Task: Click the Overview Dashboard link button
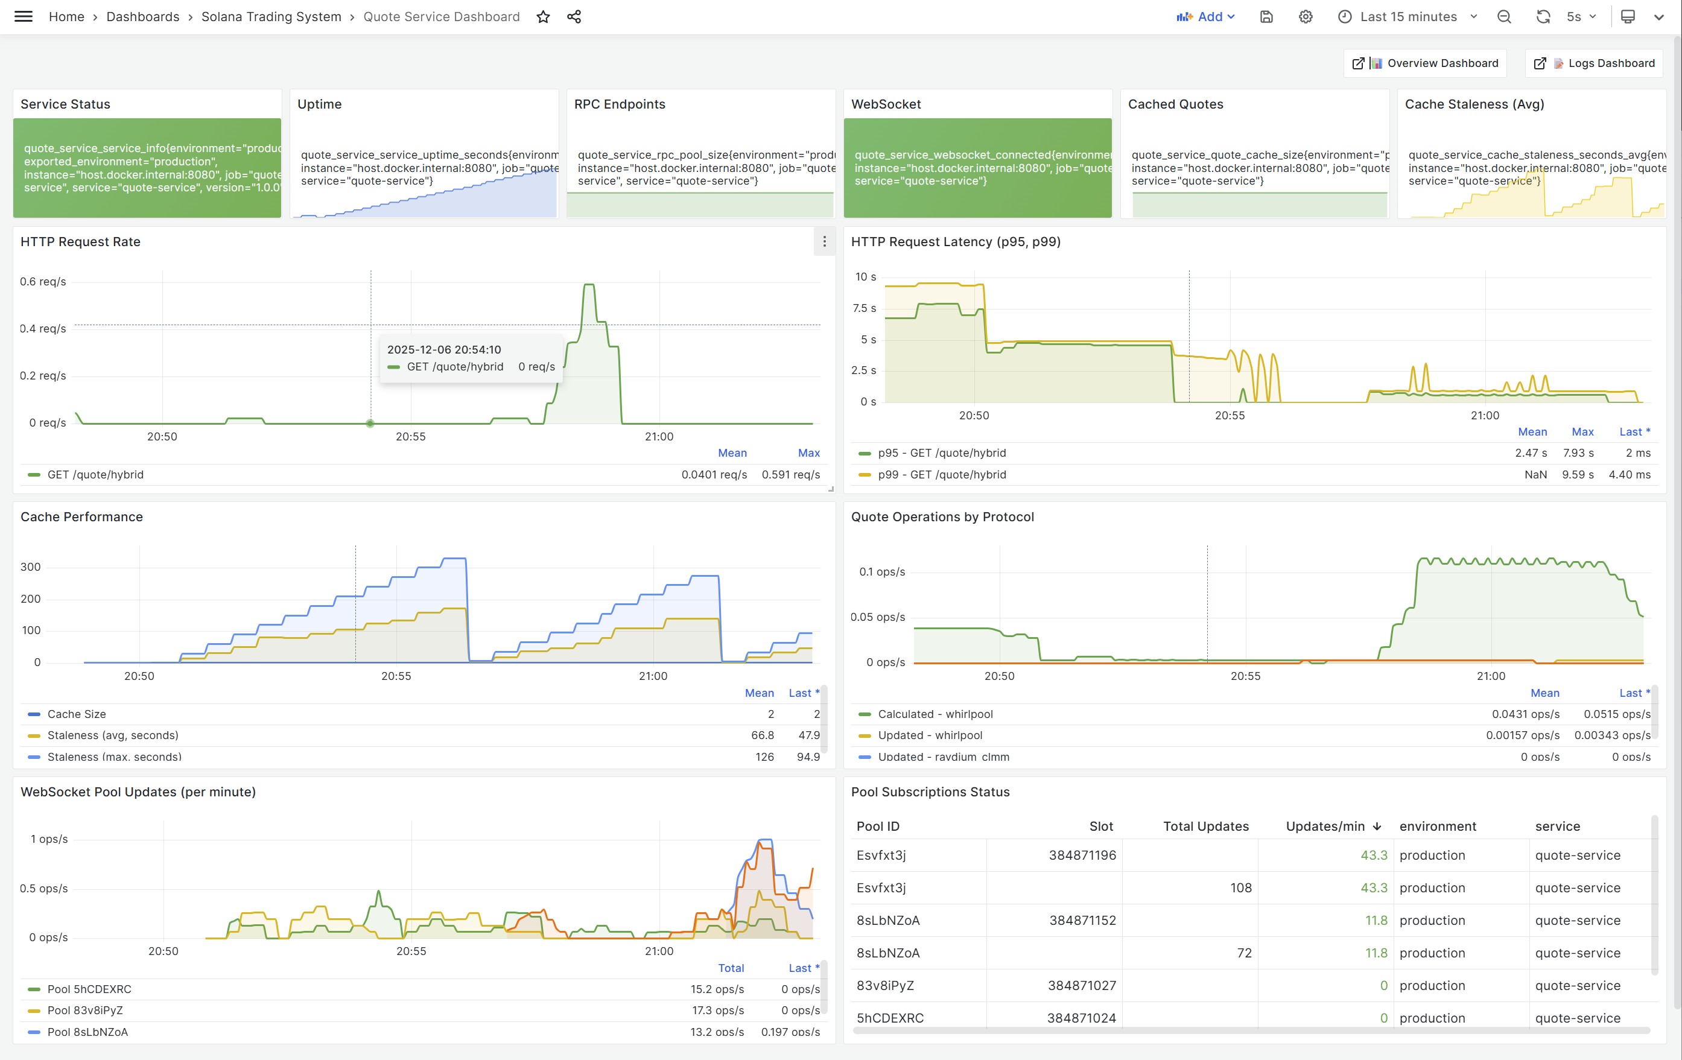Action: pyautogui.click(x=1425, y=63)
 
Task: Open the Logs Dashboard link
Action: pyautogui.click(x=1594, y=63)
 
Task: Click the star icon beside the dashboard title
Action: pyautogui.click(x=543, y=17)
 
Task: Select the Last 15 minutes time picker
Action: pyautogui.click(x=1408, y=17)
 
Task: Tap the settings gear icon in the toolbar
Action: pyautogui.click(x=1306, y=17)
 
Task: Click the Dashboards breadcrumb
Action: pyautogui.click(x=142, y=17)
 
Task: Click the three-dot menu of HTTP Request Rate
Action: pyautogui.click(x=824, y=241)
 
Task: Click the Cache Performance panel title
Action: pyautogui.click(x=81, y=517)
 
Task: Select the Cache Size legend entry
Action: pyautogui.click(x=77, y=714)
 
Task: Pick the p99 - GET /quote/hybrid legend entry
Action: pyautogui.click(x=942, y=475)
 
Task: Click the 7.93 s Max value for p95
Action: pyautogui.click(x=1578, y=453)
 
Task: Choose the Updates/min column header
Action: pyautogui.click(x=1325, y=826)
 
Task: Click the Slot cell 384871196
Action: pyautogui.click(x=1082, y=855)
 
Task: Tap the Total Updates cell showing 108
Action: pyautogui.click(x=1240, y=887)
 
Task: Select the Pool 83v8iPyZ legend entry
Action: pyautogui.click(x=85, y=1011)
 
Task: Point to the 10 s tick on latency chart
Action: pyautogui.click(x=866, y=278)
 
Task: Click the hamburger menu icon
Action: pyautogui.click(x=23, y=17)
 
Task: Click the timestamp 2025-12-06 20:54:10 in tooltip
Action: pyautogui.click(x=444, y=350)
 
